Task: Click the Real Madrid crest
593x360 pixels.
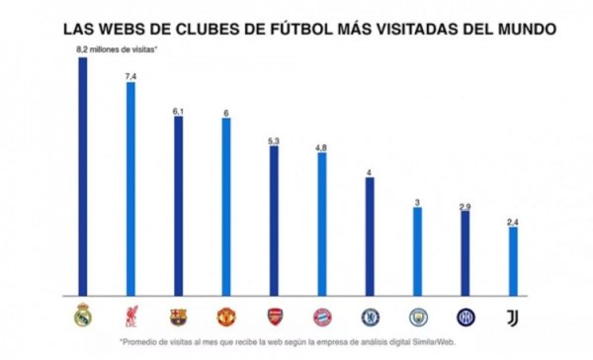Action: [x=82, y=316]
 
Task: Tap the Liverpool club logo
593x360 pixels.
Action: [x=130, y=316]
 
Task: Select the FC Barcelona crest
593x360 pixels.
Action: [x=178, y=316]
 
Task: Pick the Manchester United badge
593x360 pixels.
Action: [x=225, y=316]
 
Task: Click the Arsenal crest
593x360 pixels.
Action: [x=274, y=316]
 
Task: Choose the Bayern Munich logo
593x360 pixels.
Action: [x=321, y=316]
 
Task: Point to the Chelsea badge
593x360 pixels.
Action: [x=369, y=316]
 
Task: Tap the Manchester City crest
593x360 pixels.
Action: [x=417, y=316]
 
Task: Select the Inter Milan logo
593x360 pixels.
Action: [x=465, y=316]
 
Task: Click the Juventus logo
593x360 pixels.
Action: [x=512, y=316]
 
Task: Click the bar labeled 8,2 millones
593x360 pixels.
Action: [x=82, y=178]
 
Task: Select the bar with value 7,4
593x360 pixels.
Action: [x=130, y=188]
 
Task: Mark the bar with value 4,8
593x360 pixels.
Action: [x=321, y=224]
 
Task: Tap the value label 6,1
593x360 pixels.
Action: [x=178, y=111]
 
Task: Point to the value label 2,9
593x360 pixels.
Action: [x=465, y=205]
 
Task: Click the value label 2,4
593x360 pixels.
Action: [x=512, y=222]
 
